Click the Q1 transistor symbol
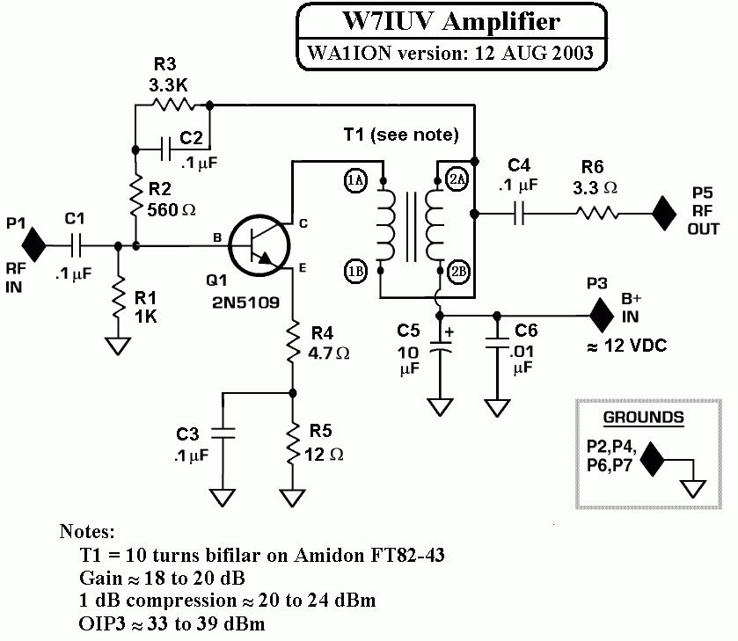pyautogui.click(x=259, y=245)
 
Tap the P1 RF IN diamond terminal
pyautogui.click(x=34, y=244)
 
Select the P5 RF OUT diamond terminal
pyautogui.click(x=664, y=214)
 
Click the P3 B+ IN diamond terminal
pyautogui.click(x=602, y=316)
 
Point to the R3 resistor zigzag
pyautogui.click(x=172, y=104)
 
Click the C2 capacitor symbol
pyautogui.click(x=165, y=149)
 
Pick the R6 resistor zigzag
pyautogui.click(x=596, y=214)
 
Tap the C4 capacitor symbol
pyautogui.click(x=519, y=214)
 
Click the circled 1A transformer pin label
pyautogui.click(x=355, y=179)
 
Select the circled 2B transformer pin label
pyautogui.click(x=459, y=272)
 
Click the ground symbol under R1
pyautogui.click(x=118, y=346)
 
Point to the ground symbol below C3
pyautogui.click(x=223, y=498)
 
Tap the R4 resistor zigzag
pyautogui.click(x=293, y=342)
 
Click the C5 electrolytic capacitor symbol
pyautogui.click(x=440, y=346)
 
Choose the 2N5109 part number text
pyautogui.click(x=245, y=302)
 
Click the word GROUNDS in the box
pyautogui.click(x=643, y=418)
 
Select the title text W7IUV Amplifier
pyautogui.click(x=451, y=21)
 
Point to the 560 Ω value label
pyautogui.click(x=172, y=210)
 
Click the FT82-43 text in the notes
pyautogui.click(x=407, y=555)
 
